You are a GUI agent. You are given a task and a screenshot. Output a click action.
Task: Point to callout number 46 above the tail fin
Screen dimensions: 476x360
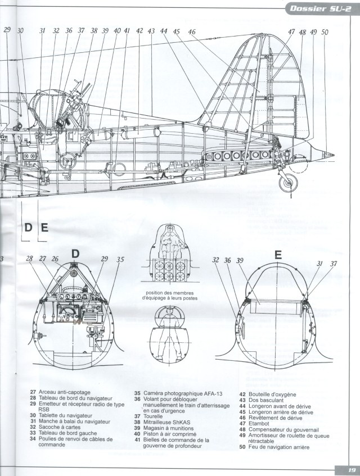pyautogui.click(x=192, y=32)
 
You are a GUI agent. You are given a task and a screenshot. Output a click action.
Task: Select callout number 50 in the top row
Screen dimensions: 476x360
pyautogui.click(x=325, y=32)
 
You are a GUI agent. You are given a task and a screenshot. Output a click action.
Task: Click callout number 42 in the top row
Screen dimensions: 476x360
pyautogui.click(x=139, y=31)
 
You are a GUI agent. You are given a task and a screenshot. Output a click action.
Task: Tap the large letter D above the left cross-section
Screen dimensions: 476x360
pyautogui.click(x=75, y=254)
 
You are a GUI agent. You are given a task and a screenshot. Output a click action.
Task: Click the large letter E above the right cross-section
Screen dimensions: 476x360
pyautogui.click(x=277, y=254)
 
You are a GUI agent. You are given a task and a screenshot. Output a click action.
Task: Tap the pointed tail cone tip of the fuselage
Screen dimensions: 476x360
pyautogui.click(x=334, y=155)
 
